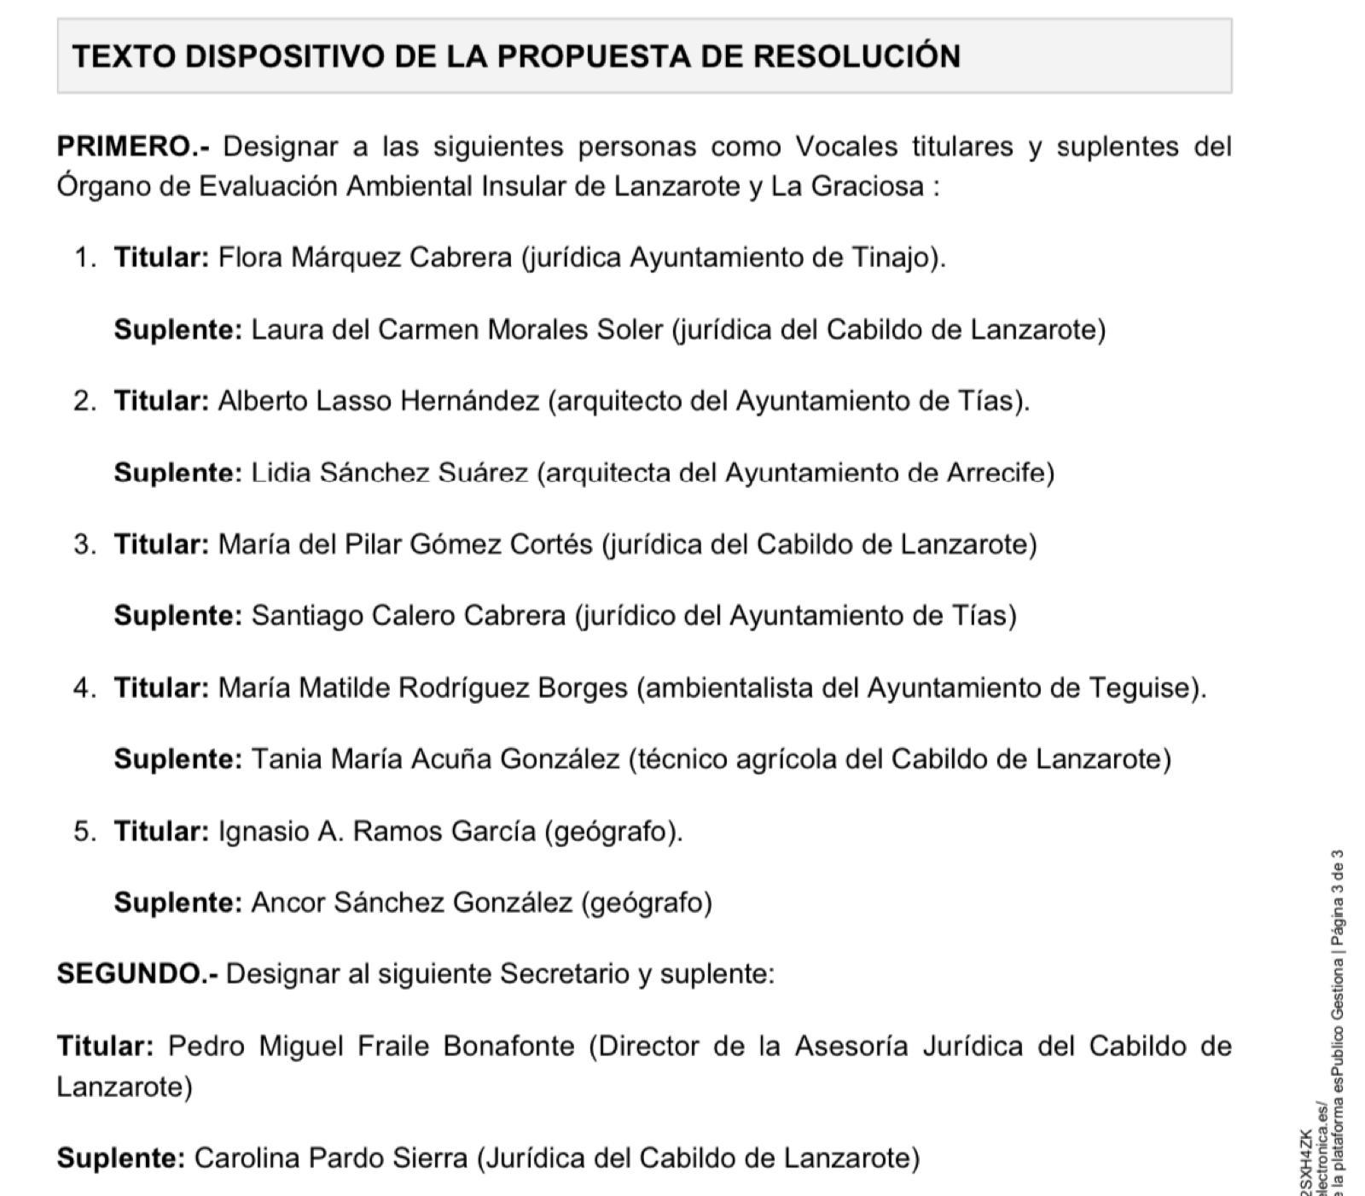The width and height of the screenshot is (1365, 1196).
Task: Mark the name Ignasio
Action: (264, 831)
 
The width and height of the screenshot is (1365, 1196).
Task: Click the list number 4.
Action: (83, 688)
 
